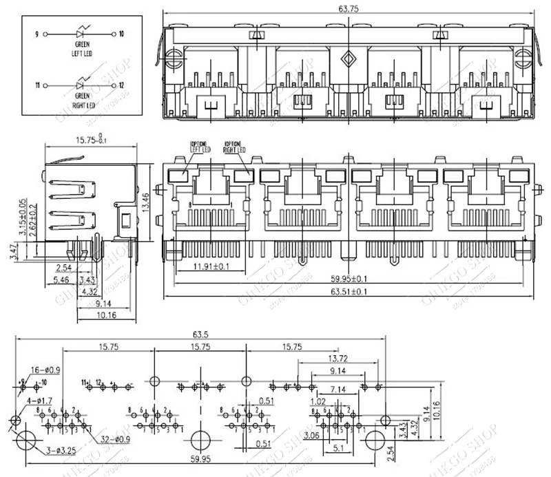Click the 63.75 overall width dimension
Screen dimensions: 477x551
(349, 8)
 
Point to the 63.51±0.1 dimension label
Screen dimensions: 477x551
(349, 292)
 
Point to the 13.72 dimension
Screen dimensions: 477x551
(337, 359)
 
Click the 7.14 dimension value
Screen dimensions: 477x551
(337, 389)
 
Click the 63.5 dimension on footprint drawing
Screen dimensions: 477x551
(200, 335)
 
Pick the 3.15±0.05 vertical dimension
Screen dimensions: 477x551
(22, 215)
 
